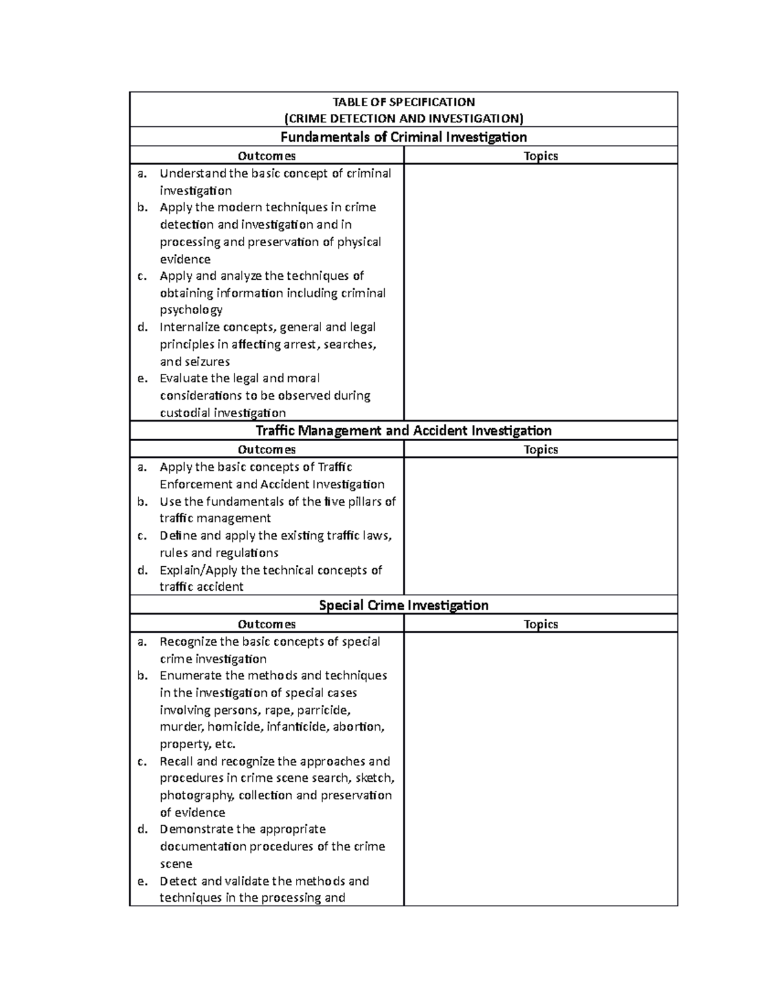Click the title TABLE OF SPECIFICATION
(x=403, y=102)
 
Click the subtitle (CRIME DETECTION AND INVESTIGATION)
(x=403, y=119)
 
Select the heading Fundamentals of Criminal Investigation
(x=403, y=137)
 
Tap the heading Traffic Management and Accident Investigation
(x=403, y=431)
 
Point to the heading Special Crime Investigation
(x=403, y=605)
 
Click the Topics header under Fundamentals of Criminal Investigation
(x=541, y=155)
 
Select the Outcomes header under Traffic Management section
(x=267, y=450)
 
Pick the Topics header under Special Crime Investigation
(x=541, y=624)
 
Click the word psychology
(x=191, y=310)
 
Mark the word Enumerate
(x=190, y=676)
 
